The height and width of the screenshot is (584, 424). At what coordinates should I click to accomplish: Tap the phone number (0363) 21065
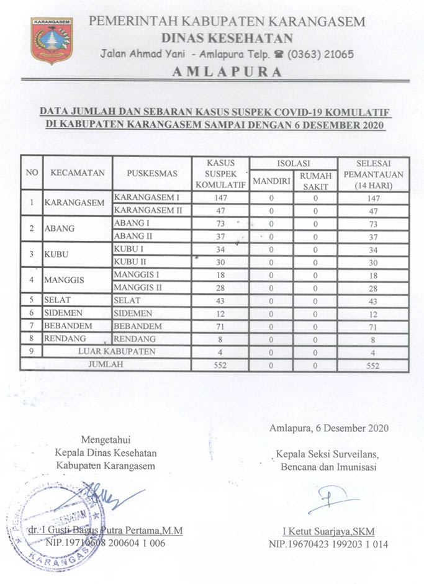[x=320, y=54]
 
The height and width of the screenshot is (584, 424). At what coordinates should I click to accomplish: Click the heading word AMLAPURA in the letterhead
[x=227, y=71]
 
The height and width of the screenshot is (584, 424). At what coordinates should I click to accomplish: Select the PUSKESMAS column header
[x=151, y=173]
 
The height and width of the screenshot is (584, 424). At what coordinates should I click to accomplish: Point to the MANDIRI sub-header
[x=271, y=182]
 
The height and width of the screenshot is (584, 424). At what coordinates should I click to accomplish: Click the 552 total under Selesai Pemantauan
[x=373, y=366]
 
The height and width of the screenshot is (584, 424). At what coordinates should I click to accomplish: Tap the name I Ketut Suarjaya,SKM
[x=328, y=531]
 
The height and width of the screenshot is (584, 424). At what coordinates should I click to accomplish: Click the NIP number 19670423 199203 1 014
[x=328, y=544]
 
